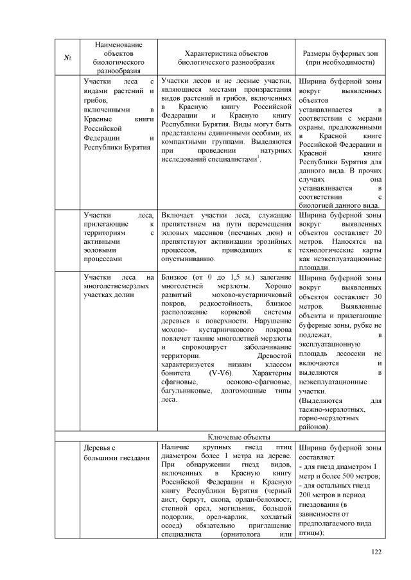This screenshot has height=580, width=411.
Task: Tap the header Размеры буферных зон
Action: click(340, 53)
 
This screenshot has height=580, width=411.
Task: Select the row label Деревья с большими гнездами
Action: click(115, 452)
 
